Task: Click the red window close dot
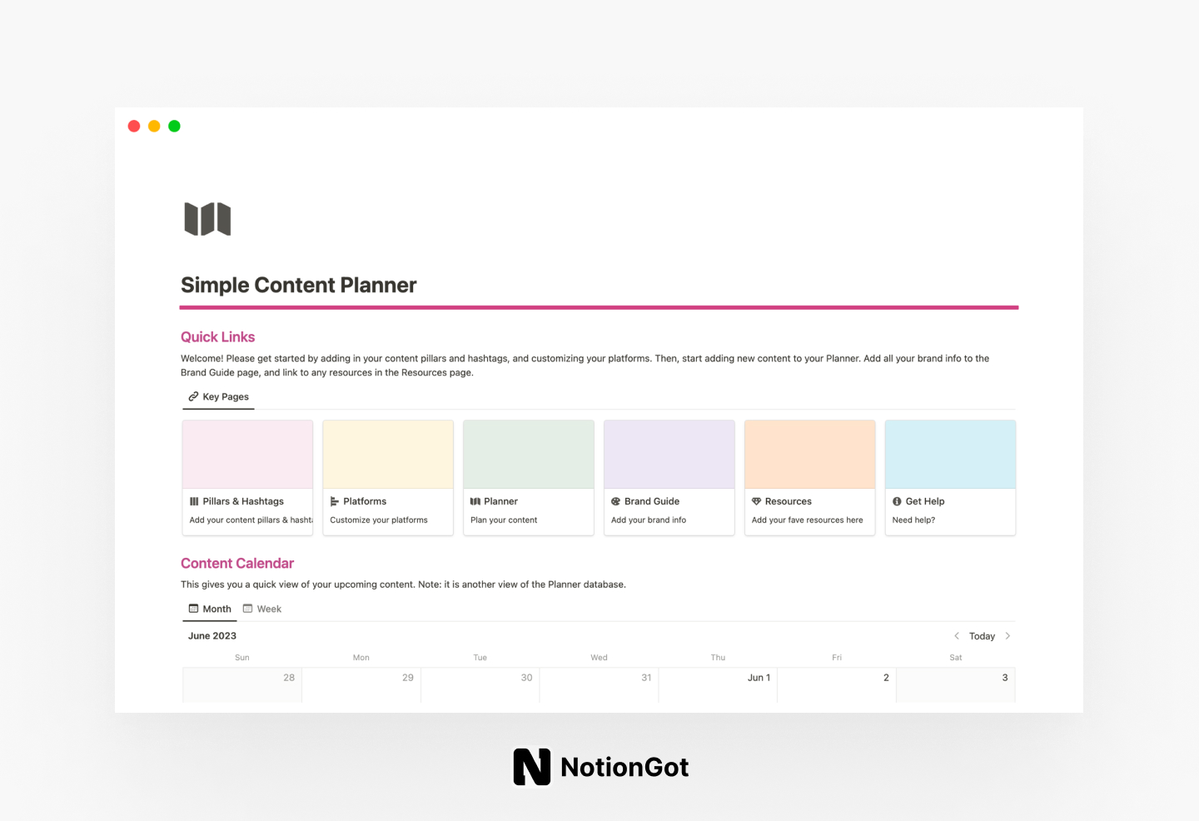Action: pos(134,127)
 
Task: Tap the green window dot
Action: pos(174,127)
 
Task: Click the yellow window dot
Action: pos(154,127)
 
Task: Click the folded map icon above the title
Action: pos(207,219)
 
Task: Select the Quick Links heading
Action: pos(217,337)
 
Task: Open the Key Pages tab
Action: pos(218,397)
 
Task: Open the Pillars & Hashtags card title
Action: pos(242,501)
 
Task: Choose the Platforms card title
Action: pos(365,501)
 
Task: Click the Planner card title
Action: pos(500,501)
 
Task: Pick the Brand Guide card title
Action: pos(651,501)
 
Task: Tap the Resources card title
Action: pos(788,501)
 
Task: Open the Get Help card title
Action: pos(924,501)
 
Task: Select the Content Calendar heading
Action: pos(237,564)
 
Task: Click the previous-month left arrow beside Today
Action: pos(957,636)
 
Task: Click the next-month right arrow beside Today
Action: pos(1007,636)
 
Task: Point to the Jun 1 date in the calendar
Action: pos(759,678)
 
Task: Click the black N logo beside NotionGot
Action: pos(532,767)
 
